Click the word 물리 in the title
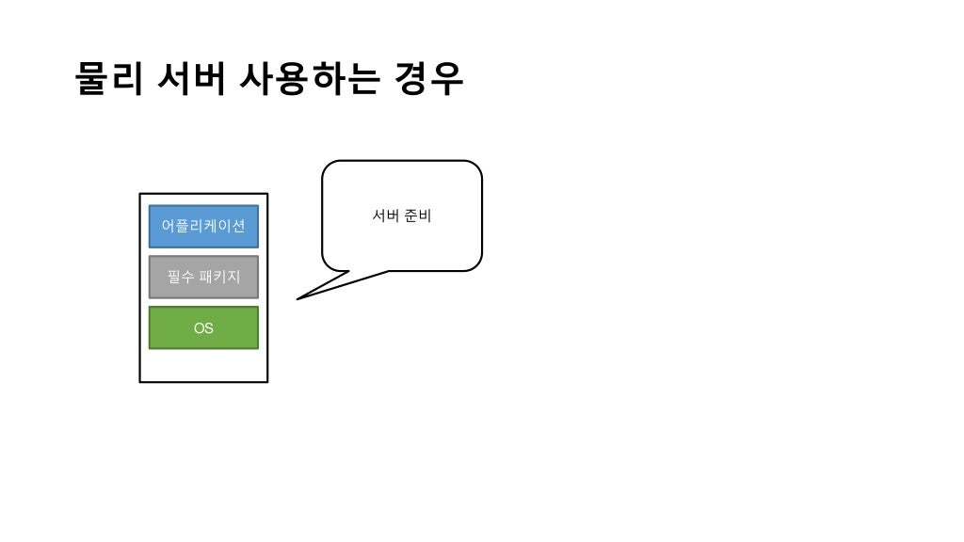(x=108, y=79)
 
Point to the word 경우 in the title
(x=429, y=79)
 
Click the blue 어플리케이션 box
(x=203, y=226)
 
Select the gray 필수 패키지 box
(x=203, y=277)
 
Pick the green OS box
(x=203, y=327)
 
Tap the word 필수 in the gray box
(x=180, y=277)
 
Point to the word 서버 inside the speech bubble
(x=386, y=216)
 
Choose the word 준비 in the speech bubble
(x=417, y=216)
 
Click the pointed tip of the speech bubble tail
(x=297, y=299)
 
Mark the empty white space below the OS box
(x=203, y=365)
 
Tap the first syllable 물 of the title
(x=91, y=79)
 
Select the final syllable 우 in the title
(x=447, y=79)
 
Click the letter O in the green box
(x=199, y=328)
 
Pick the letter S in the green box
(x=209, y=328)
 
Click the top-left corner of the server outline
(x=140, y=194)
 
